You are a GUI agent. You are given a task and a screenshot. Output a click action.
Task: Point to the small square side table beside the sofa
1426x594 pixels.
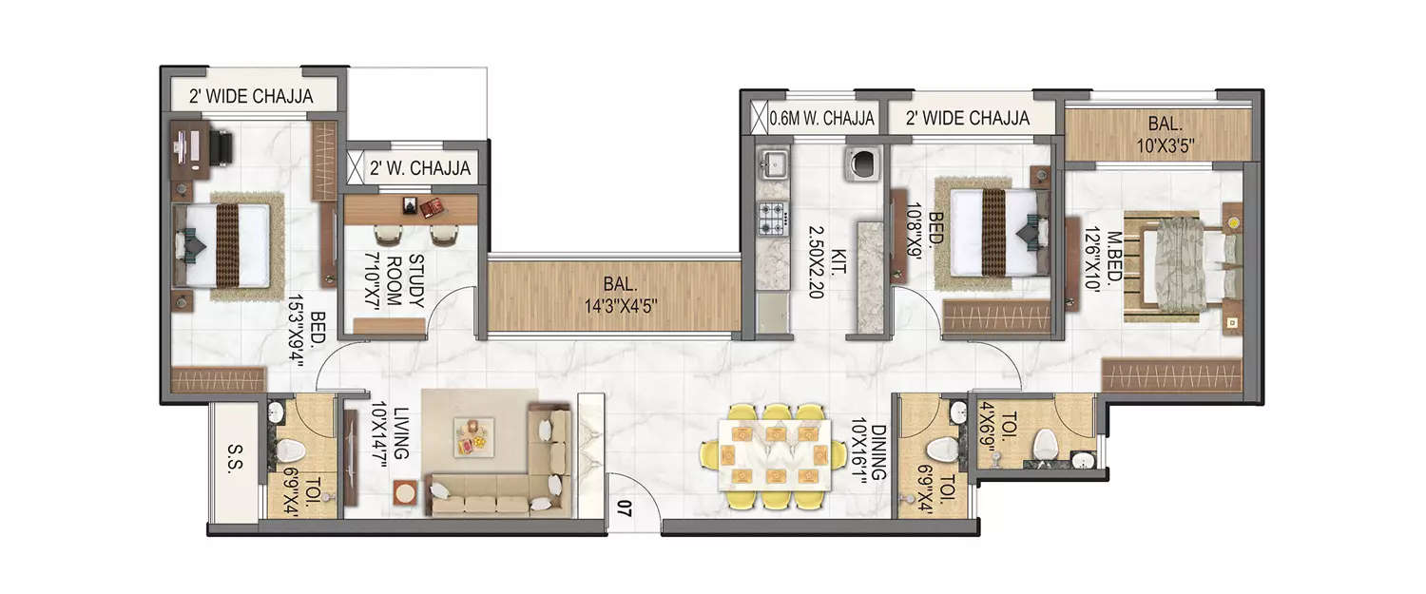pyautogui.click(x=406, y=493)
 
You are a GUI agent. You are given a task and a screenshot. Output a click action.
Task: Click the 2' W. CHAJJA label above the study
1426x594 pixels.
pyautogui.click(x=419, y=168)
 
